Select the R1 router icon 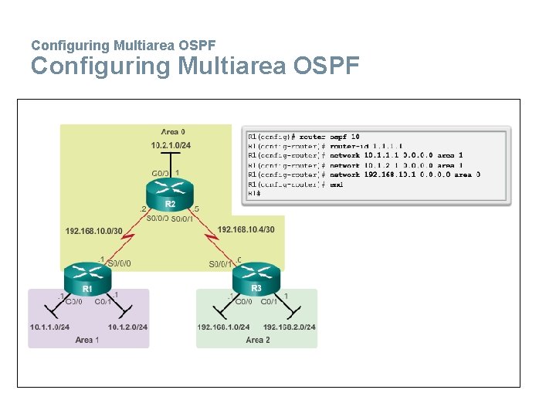pyautogui.click(x=87, y=276)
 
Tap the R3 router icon pyautogui.click(x=256, y=276)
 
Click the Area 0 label pyautogui.click(x=173, y=132)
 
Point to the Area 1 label pyautogui.click(x=87, y=340)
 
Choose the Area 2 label pyautogui.click(x=257, y=340)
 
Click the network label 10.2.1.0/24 pyautogui.click(x=171, y=145)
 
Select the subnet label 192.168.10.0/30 pyautogui.click(x=94, y=229)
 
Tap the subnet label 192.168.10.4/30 pyautogui.click(x=246, y=229)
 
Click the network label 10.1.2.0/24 pyautogui.click(x=127, y=327)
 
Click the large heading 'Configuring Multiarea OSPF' pyautogui.click(x=195, y=66)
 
